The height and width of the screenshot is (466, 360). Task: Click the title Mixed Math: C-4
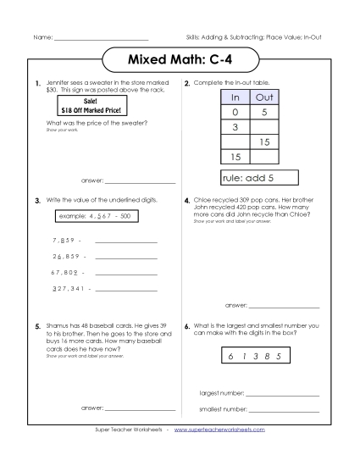(180, 62)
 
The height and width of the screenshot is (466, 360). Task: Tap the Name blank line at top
(101, 39)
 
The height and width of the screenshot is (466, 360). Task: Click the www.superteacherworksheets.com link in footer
(219, 430)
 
